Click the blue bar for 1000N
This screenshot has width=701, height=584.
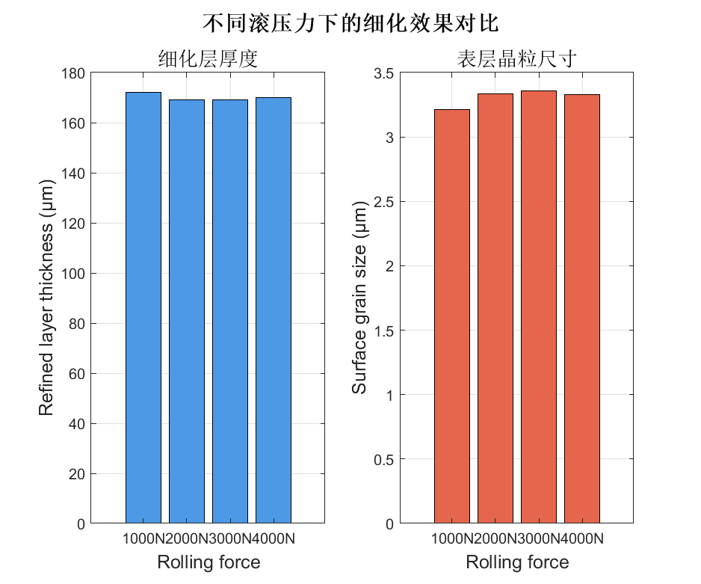pos(143,307)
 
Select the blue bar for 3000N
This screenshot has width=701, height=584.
pos(230,311)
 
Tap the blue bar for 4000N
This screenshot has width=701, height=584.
pos(274,310)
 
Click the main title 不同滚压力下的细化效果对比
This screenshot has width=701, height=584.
pos(350,22)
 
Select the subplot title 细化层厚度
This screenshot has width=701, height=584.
pos(208,59)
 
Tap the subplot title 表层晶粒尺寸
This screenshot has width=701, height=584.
pos(516,59)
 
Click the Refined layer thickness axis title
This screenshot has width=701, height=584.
pos(46,298)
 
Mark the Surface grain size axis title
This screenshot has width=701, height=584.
pos(359,298)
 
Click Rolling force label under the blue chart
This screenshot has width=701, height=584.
pos(209,562)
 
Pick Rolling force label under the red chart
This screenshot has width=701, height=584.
pos(517,562)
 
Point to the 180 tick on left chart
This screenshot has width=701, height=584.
pos(75,73)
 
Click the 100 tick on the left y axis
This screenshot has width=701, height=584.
pos(75,274)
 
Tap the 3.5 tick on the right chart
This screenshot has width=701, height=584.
pos(383,73)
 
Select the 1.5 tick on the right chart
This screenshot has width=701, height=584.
pos(383,331)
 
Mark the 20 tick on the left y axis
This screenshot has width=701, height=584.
pos(78,474)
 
